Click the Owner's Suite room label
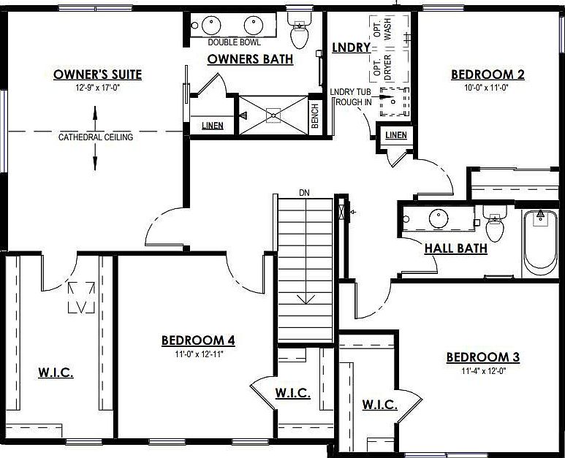(97, 75)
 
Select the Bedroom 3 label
(482, 357)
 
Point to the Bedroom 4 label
(197, 340)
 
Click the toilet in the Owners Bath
(298, 29)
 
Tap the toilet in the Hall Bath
(495, 224)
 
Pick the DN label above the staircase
(305, 193)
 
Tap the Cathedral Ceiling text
(96, 137)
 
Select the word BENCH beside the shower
(315, 118)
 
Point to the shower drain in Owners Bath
(273, 114)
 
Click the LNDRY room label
(348, 47)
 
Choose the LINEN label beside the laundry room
(395, 135)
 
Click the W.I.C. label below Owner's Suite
(56, 373)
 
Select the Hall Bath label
(456, 248)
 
